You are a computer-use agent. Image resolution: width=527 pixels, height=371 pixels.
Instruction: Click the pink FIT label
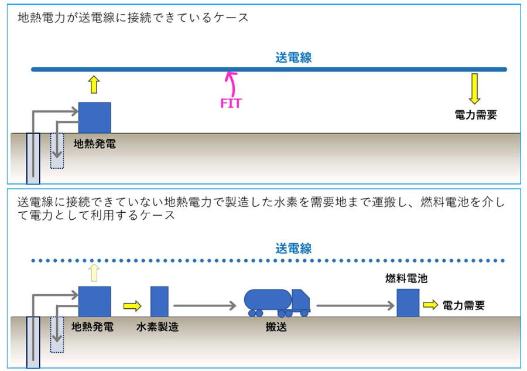(231, 103)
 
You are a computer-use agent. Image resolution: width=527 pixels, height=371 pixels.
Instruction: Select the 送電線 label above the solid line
(293, 57)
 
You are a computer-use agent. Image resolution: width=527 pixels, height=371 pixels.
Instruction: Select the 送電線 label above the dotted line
(293, 249)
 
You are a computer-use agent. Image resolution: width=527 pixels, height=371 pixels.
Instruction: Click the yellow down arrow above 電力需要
(474, 89)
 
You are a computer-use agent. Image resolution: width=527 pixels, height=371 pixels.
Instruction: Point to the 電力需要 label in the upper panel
(475, 115)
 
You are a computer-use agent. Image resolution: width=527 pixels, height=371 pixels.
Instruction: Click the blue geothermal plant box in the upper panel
(94, 118)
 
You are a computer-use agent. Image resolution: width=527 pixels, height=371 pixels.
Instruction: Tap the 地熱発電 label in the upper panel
(95, 144)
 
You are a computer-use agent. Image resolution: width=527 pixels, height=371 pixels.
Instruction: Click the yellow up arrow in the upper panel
(94, 84)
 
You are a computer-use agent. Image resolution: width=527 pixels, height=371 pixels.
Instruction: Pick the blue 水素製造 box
(159, 302)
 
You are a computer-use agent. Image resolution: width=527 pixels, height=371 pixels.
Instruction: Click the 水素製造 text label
(158, 326)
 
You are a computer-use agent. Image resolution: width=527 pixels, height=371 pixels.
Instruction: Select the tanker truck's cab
(300, 299)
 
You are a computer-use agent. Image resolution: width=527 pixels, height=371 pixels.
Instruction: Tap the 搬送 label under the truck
(276, 326)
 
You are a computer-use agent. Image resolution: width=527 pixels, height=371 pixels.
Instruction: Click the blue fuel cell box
(408, 303)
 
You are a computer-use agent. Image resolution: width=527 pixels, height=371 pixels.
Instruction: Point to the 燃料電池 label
(406, 278)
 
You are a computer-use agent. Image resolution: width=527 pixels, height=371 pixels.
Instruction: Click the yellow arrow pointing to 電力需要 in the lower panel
(430, 305)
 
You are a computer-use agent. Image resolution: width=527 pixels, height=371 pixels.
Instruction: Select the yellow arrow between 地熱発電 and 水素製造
(132, 306)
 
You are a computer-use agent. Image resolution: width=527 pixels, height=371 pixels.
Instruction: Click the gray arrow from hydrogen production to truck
(205, 306)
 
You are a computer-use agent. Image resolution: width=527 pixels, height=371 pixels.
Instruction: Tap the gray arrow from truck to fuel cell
(355, 306)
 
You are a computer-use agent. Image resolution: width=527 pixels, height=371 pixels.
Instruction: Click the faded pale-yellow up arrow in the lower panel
(94, 273)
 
